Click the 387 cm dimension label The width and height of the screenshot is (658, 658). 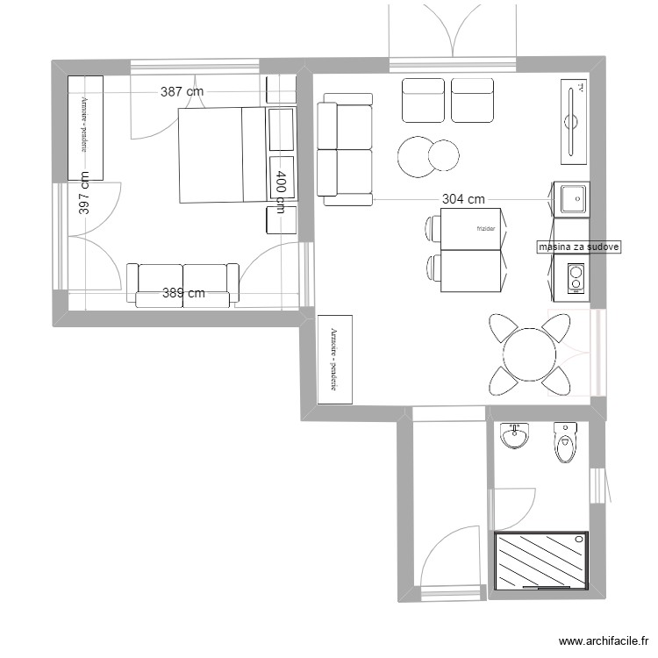[x=182, y=91]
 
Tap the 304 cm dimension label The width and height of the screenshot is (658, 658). [x=463, y=199]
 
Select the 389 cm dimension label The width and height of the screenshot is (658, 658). [x=183, y=294]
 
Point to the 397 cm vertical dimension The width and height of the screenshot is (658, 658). [x=84, y=193]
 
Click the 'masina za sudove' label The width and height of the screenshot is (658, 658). [x=579, y=247]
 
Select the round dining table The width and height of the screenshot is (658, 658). [x=530, y=354]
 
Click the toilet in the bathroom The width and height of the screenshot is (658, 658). [x=566, y=442]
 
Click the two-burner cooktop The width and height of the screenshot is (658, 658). [x=575, y=279]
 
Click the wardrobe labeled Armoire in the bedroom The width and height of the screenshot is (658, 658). [x=85, y=125]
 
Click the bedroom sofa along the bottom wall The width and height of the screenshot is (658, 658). [x=183, y=286]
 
